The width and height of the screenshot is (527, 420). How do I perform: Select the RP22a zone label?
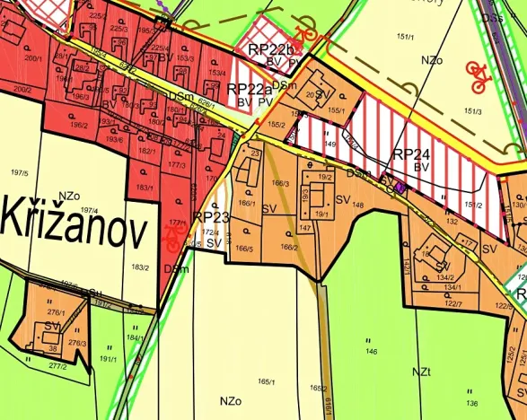coord(250,88)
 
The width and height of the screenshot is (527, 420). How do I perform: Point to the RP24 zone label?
coord(412,153)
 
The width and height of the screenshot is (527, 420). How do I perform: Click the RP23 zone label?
coord(212,217)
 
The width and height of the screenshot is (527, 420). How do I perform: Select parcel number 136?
coord(471,402)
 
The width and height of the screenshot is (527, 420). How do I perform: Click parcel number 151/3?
coord(472,111)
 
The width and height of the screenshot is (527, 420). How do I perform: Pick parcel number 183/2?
coord(139,267)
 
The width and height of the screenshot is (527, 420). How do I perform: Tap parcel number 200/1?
coord(35,57)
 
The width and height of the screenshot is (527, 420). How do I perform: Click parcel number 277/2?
coord(58,366)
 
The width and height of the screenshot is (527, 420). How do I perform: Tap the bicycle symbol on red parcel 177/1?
coord(174,236)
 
